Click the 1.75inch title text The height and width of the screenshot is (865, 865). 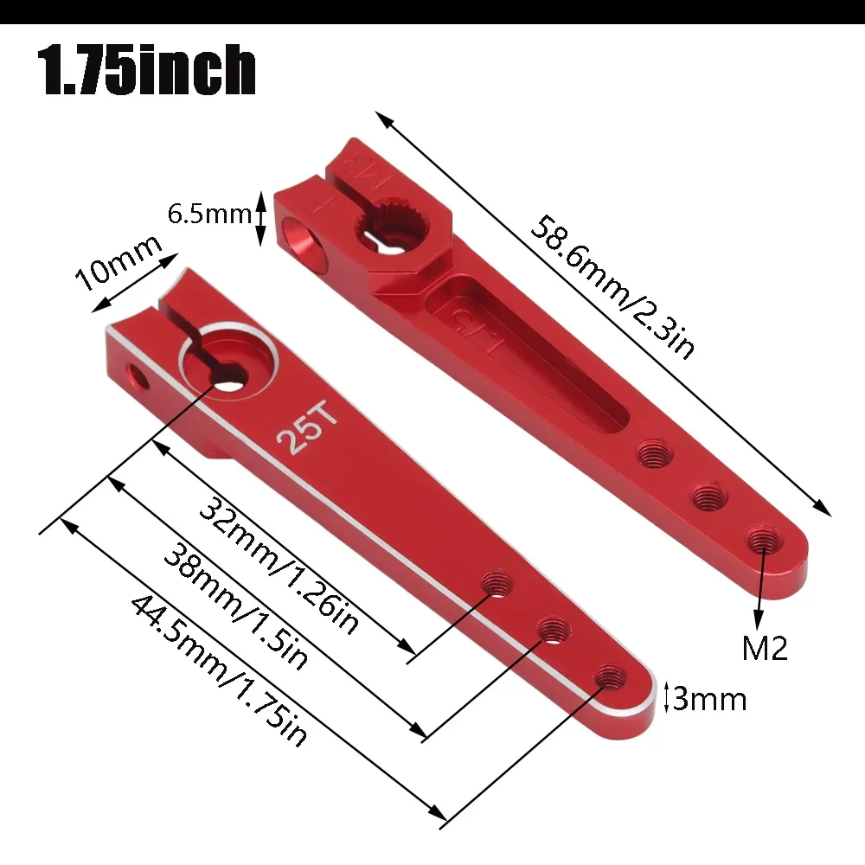148,71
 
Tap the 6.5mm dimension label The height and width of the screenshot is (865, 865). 208,214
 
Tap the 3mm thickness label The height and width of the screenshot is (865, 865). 708,698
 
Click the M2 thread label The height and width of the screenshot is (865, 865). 765,648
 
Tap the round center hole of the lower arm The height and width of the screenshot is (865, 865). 227,375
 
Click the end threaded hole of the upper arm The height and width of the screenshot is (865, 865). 762,539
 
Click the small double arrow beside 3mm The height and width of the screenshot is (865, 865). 666,697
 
